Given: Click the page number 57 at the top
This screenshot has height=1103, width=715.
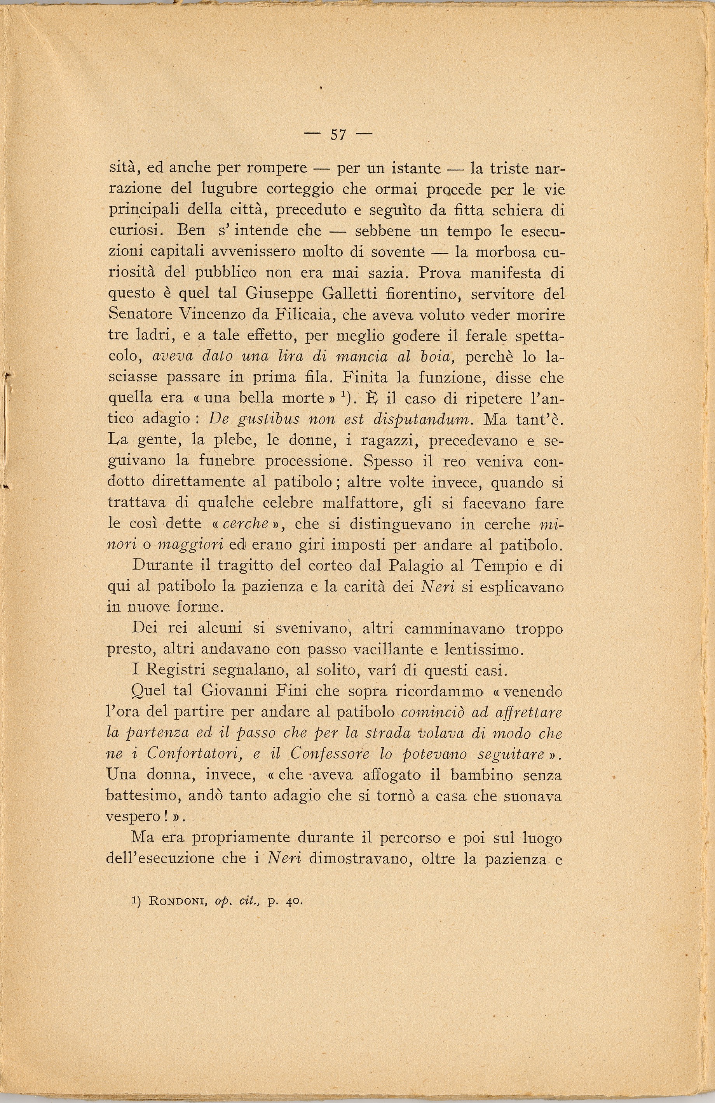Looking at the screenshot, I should (338, 135).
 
